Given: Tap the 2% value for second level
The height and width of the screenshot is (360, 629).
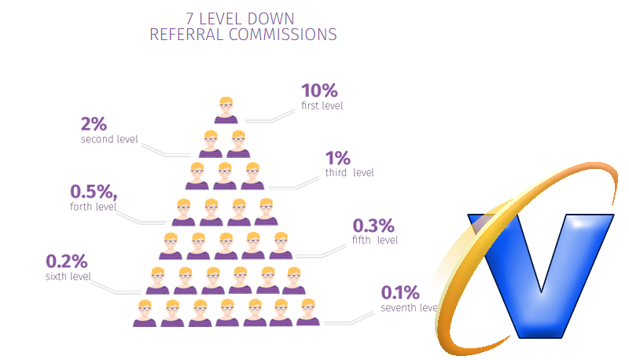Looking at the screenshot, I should [94, 124].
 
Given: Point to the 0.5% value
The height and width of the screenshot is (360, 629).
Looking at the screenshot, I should [93, 192].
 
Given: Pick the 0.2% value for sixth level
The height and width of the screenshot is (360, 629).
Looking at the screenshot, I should [67, 261].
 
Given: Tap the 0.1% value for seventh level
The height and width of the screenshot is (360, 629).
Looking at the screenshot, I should [400, 293].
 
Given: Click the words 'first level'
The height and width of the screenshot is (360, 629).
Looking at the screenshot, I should [322, 105].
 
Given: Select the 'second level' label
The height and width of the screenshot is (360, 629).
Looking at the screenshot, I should [109, 139].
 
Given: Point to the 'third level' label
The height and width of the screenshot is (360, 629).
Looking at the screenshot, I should [349, 173].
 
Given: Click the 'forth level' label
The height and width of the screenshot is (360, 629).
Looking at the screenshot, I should [93, 207].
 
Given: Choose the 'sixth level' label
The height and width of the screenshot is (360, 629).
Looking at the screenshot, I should [68, 276].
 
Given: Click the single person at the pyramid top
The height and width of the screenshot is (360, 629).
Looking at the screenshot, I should [226, 111].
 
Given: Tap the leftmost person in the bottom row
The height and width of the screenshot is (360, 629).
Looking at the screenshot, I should [145, 313].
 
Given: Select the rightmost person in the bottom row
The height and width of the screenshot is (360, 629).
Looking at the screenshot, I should [308, 313].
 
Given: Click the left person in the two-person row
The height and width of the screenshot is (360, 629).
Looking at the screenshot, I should [212, 145].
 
